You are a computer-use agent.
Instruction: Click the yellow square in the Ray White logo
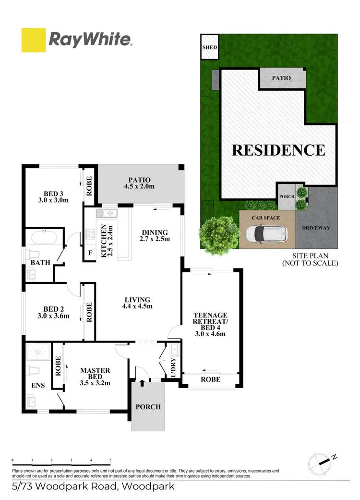click(34, 40)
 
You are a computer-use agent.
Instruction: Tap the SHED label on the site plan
click(209, 48)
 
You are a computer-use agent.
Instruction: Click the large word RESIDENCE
click(278, 150)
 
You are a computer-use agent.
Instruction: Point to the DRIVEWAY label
click(316, 228)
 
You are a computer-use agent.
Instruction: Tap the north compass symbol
click(321, 462)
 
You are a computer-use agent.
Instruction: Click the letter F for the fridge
click(90, 253)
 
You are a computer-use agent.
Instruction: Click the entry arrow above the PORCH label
click(142, 383)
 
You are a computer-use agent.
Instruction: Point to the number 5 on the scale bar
click(110, 460)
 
